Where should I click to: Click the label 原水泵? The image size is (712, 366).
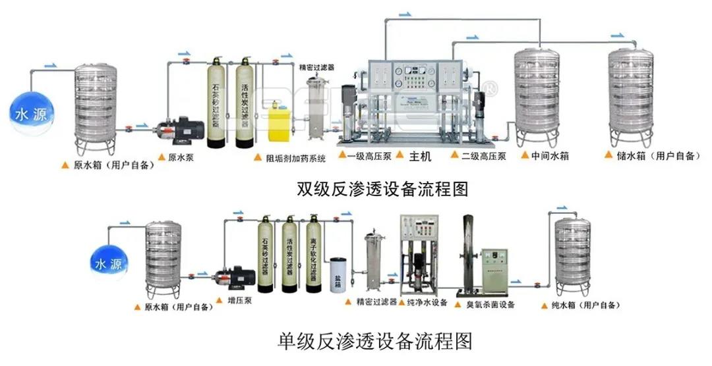pos(181,157)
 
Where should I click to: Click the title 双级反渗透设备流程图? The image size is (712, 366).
pos(383,190)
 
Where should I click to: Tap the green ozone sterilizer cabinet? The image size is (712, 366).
pos(495,272)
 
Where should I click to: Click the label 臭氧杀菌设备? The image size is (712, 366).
pos(490,305)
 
